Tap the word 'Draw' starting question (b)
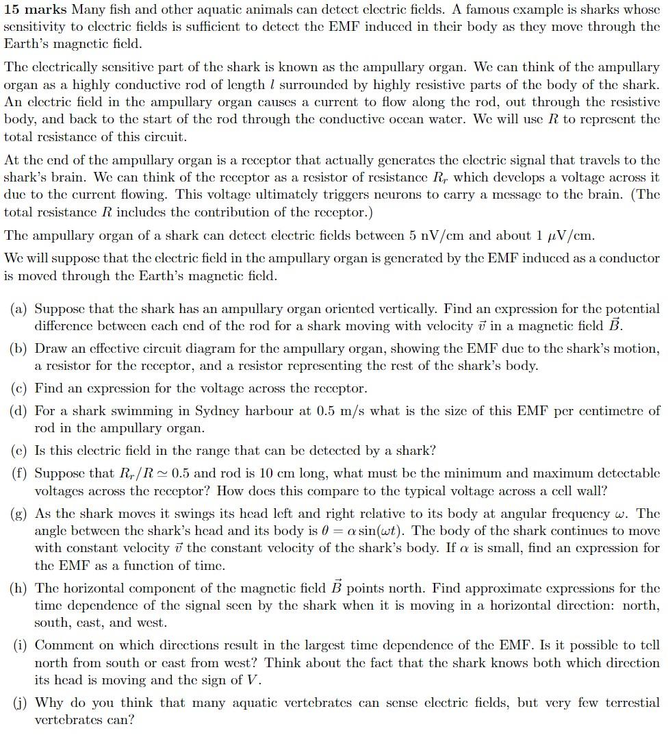coord(50,349)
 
